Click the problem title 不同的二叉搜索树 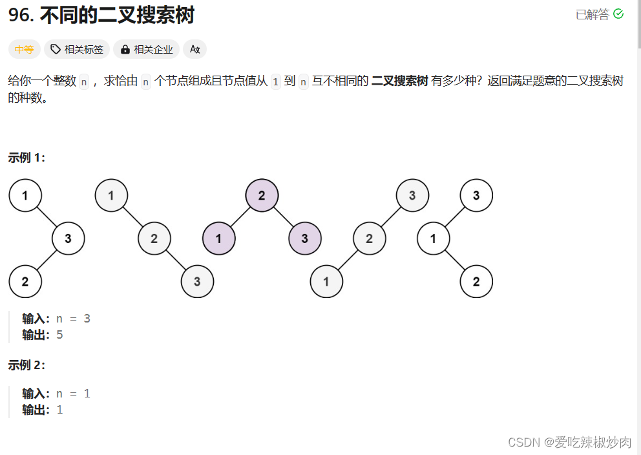[117, 16]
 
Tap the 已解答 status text [592, 15]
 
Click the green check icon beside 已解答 [618, 14]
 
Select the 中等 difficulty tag [25, 49]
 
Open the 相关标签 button [77, 49]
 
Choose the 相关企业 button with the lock [147, 49]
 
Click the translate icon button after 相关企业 [194, 49]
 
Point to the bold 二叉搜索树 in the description [399, 81]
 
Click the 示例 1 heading [26, 158]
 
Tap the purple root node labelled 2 [262, 195]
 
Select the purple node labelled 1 [219, 238]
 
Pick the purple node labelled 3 [304, 238]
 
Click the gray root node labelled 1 [111, 195]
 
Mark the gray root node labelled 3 [412, 195]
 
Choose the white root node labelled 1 [25, 195]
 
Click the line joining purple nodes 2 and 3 [283, 217]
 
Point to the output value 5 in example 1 [60, 335]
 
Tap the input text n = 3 [73, 319]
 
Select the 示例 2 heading [26, 365]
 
